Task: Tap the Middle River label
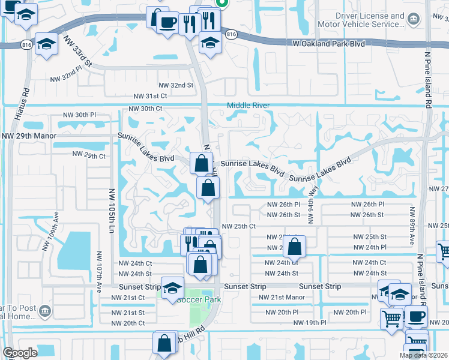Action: pyautogui.click(x=248, y=106)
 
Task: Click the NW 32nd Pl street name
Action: pyautogui.click(x=65, y=77)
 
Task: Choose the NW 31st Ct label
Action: pyautogui.click(x=149, y=96)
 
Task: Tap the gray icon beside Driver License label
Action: pyautogui.click(x=413, y=20)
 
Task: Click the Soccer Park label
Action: pyautogui.click(x=199, y=299)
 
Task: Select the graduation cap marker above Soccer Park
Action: pyautogui.click(x=172, y=287)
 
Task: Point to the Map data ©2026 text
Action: pyautogui.click(x=424, y=355)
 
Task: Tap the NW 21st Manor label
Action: pyautogui.click(x=282, y=298)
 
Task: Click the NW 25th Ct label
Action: pyautogui.click(x=239, y=226)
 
